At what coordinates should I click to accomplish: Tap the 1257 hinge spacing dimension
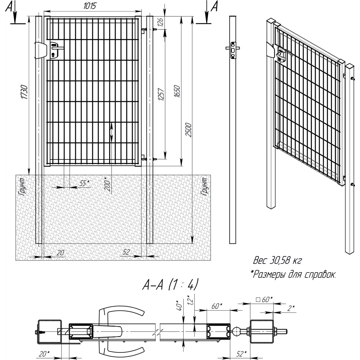click(161, 94)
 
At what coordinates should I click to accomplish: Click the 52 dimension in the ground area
click(126, 252)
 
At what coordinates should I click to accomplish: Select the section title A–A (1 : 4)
click(170, 285)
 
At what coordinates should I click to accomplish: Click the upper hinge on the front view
click(144, 30)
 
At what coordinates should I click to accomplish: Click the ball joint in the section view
click(239, 330)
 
